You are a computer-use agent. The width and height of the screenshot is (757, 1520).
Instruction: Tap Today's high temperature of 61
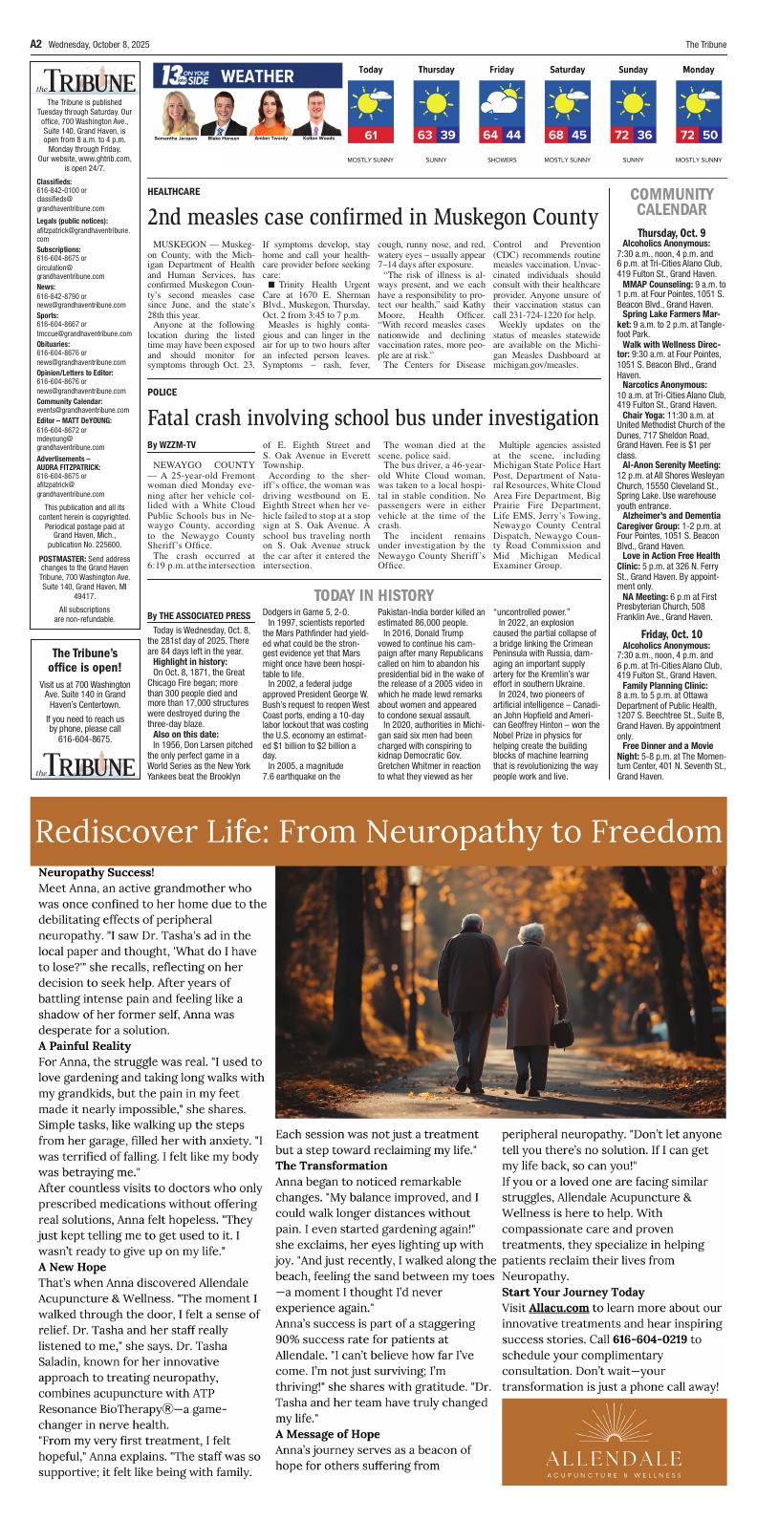pos(371,135)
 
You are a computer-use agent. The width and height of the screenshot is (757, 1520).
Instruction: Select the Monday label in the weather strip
pos(698,70)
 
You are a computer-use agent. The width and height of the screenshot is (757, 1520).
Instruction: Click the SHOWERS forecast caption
pos(501,159)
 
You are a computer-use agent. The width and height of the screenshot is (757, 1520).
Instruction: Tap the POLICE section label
pos(162,392)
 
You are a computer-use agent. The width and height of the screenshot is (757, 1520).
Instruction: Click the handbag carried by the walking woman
pos(562,1035)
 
